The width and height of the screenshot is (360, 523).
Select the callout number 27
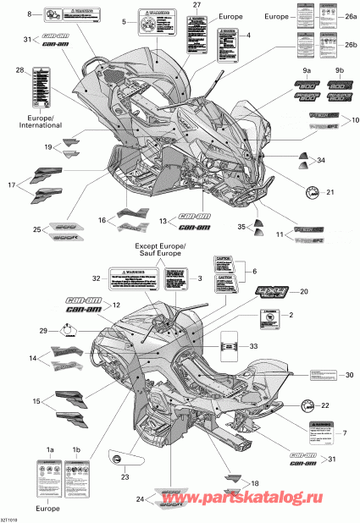197,6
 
